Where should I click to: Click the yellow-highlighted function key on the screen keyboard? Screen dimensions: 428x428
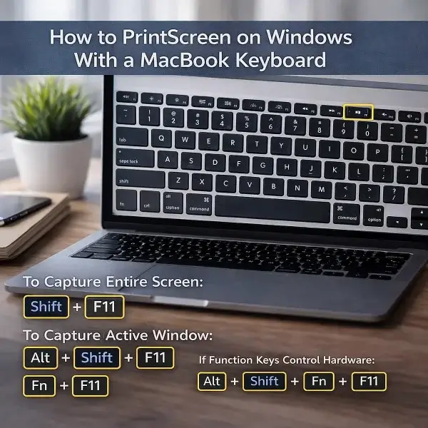358,112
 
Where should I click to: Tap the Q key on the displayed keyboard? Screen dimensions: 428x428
163,138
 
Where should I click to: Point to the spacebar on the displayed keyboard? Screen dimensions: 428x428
272,208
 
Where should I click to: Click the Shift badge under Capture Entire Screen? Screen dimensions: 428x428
46,307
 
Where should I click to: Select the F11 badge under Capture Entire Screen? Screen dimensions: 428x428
104,307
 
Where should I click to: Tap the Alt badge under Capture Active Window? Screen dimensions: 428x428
41,357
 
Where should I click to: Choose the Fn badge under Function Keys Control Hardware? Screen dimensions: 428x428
319,381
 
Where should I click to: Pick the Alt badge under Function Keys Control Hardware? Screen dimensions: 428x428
212,381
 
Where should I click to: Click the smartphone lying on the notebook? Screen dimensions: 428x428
21,209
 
